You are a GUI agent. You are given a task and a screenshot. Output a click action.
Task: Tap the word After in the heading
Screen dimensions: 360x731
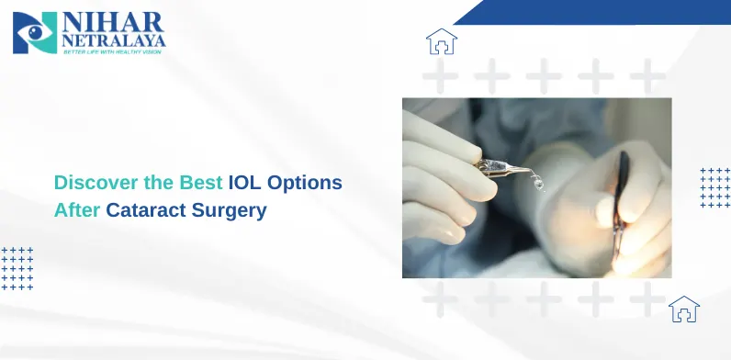pyautogui.click(x=77, y=209)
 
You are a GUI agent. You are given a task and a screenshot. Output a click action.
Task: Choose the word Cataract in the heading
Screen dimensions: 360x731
pyautogui.click(x=147, y=209)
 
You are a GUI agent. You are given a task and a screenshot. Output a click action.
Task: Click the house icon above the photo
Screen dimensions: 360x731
pyautogui.click(x=442, y=41)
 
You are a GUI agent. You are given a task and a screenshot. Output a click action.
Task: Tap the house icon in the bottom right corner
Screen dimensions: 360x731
pyautogui.click(x=683, y=309)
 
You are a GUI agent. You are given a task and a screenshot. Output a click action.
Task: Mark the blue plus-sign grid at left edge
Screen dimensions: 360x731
pyautogui.click(x=17, y=268)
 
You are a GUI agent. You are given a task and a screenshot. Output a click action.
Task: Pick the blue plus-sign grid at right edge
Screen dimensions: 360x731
pyautogui.click(x=714, y=187)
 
